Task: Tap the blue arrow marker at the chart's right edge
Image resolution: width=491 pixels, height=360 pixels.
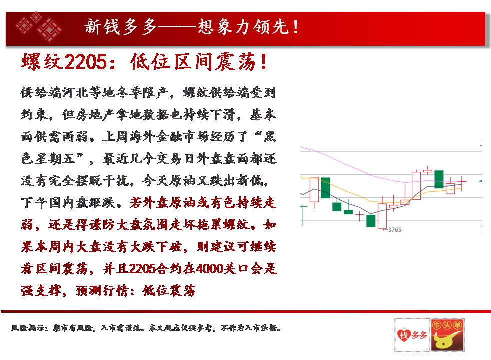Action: click(481, 181)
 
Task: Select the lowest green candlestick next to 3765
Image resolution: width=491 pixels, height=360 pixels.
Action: click(371, 221)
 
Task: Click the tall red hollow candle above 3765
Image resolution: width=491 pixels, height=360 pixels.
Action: click(382, 216)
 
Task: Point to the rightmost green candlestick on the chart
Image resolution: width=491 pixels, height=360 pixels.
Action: click(439, 179)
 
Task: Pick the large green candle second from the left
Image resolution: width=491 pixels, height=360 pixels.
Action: click(325, 188)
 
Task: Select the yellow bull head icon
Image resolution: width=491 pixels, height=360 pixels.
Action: click(446, 340)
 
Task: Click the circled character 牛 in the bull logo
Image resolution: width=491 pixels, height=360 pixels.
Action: click(437, 325)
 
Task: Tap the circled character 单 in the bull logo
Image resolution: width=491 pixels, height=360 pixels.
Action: click(458, 325)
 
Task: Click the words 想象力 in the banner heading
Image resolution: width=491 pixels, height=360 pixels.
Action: click(224, 26)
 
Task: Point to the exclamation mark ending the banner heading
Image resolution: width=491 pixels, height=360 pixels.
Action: click(296, 27)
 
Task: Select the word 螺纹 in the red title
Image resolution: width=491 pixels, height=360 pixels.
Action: click(42, 61)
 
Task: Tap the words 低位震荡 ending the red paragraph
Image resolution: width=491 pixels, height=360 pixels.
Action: click(169, 291)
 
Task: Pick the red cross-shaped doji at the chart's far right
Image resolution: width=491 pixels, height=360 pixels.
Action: click(462, 181)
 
